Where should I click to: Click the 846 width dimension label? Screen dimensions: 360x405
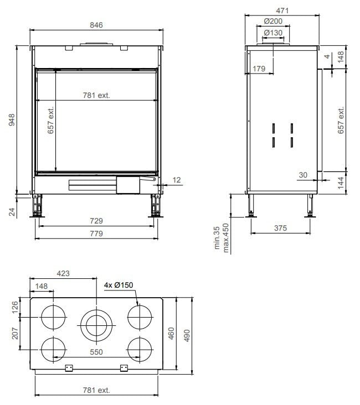(96, 25)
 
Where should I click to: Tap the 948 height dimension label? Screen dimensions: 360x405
(12, 120)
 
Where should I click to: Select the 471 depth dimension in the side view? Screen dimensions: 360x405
(282, 11)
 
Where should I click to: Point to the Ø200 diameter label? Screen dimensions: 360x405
(273, 21)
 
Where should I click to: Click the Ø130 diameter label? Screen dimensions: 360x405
(273, 33)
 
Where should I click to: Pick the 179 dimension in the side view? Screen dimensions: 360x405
(259, 69)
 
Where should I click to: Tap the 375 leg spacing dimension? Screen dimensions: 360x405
(281, 228)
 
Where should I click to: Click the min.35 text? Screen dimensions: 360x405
(217, 238)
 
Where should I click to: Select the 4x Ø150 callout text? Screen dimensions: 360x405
(119, 285)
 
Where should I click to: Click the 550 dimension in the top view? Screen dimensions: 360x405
(96, 352)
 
